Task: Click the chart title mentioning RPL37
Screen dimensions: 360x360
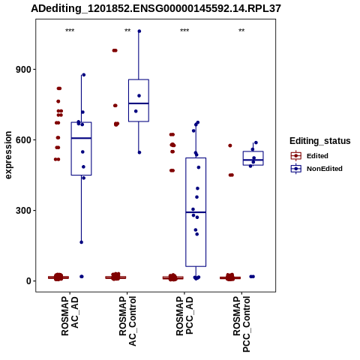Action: [x=156, y=9]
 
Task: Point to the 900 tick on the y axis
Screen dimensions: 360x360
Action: [x=23, y=70]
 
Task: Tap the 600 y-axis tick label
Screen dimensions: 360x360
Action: [x=23, y=140]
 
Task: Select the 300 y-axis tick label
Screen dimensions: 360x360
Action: [x=23, y=211]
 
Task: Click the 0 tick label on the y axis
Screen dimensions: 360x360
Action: [x=28, y=281]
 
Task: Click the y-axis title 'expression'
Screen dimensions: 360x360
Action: [x=8, y=155]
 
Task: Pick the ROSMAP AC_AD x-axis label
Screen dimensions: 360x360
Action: [x=70, y=316]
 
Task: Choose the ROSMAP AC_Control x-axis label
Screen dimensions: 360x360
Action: [x=127, y=321]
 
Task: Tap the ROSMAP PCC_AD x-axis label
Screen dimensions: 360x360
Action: [x=184, y=316]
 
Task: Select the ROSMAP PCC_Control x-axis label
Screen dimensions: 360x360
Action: [x=241, y=324]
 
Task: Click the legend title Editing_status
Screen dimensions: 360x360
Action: [x=320, y=141]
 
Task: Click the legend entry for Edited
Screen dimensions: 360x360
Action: [x=310, y=156]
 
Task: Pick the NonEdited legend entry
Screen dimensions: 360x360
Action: [x=316, y=169]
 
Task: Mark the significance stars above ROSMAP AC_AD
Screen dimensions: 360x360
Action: [x=70, y=31]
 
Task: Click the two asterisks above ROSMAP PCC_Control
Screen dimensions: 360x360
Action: [x=241, y=31]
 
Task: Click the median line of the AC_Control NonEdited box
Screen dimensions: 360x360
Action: [x=139, y=103]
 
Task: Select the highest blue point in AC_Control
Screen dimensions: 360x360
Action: [x=139, y=31]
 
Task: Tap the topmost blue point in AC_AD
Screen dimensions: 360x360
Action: [x=84, y=75]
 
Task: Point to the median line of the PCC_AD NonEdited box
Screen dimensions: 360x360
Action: [x=196, y=212]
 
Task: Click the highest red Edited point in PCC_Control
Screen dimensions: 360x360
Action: [x=230, y=145]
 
